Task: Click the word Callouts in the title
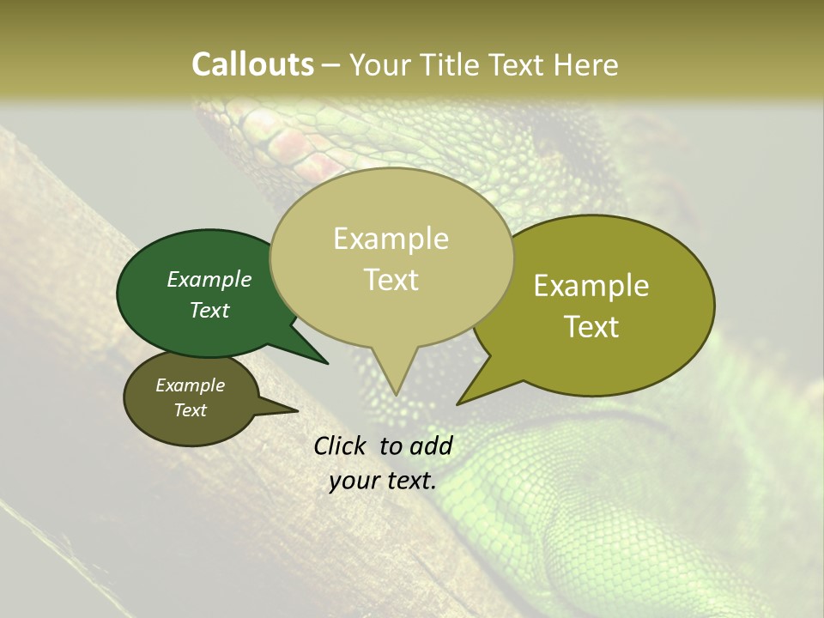[x=252, y=64]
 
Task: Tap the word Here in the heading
[x=585, y=64]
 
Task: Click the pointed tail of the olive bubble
[x=459, y=403]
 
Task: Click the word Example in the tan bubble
[x=391, y=239]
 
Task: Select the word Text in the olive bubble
[x=591, y=327]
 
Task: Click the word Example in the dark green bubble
[x=209, y=280]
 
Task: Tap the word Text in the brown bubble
[x=190, y=410]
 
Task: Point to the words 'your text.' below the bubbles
[x=383, y=481]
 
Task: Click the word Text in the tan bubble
[x=391, y=280]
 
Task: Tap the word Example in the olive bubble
[x=591, y=286]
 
